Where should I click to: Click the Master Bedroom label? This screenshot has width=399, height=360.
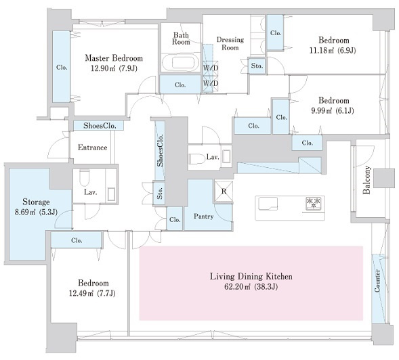point(114,58)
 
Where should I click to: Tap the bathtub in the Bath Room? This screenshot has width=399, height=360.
point(182,62)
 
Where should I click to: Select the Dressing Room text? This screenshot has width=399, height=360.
point(230,43)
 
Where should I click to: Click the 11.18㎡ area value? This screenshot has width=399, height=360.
point(321,50)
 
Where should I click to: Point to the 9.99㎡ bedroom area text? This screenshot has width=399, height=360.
point(322,111)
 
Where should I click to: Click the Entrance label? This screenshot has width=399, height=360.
point(92,148)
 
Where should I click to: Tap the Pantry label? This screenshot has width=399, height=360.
point(204,217)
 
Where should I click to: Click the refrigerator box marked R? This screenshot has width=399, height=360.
point(224,192)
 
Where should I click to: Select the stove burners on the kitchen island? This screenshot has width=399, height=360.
point(313,204)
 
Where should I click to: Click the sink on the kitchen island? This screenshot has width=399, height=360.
point(268,204)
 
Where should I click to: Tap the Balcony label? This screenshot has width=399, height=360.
point(366,180)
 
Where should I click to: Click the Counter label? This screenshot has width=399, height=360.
point(377,281)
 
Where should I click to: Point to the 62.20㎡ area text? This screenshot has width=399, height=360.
point(237,287)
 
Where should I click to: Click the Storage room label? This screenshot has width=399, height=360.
point(36,202)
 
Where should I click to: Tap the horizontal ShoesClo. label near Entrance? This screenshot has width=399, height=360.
point(100,126)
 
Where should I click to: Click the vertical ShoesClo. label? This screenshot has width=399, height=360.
point(160,150)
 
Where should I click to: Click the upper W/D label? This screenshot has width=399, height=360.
point(211,68)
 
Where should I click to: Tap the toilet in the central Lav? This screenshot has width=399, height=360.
point(196,159)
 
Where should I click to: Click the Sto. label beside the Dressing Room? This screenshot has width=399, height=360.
point(257,66)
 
